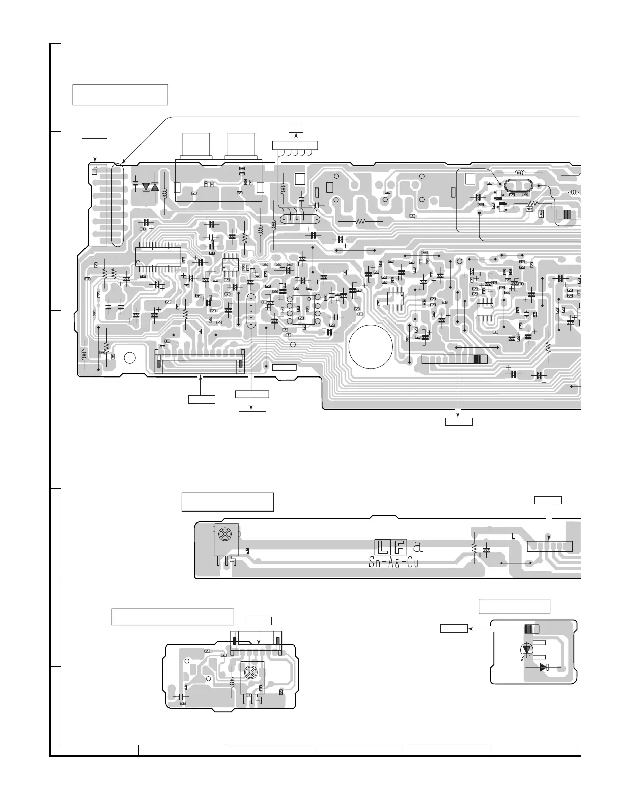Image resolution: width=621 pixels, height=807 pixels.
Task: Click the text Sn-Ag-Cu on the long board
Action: click(x=392, y=563)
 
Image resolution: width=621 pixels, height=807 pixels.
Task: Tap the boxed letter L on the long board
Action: click(x=382, y=547)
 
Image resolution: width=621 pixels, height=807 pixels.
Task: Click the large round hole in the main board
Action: click(x=371, y=346)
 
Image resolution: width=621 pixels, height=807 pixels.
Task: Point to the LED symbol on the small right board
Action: click(x=526, y=649)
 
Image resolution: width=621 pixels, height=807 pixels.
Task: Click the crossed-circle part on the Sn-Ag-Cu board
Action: click(x=224, y=534)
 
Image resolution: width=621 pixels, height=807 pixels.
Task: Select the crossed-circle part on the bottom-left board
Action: click(x=250, y=671)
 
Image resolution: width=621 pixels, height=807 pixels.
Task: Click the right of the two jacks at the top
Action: click(x=242, y=146)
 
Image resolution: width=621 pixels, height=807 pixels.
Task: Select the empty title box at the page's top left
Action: click(x=120, y=95)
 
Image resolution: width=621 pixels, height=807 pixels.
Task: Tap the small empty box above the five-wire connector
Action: click(x=295, y=127)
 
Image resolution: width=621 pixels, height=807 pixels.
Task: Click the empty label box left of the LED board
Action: click(x=454, y=629)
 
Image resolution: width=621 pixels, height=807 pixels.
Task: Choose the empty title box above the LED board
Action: click(x=515, y=606)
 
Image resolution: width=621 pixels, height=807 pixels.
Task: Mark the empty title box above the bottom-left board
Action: click(x=173, y=616)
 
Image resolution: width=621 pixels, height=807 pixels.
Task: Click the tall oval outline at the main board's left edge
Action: click(x=117, y=205)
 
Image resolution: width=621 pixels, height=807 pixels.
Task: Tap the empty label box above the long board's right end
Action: click(x=548, y=500)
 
